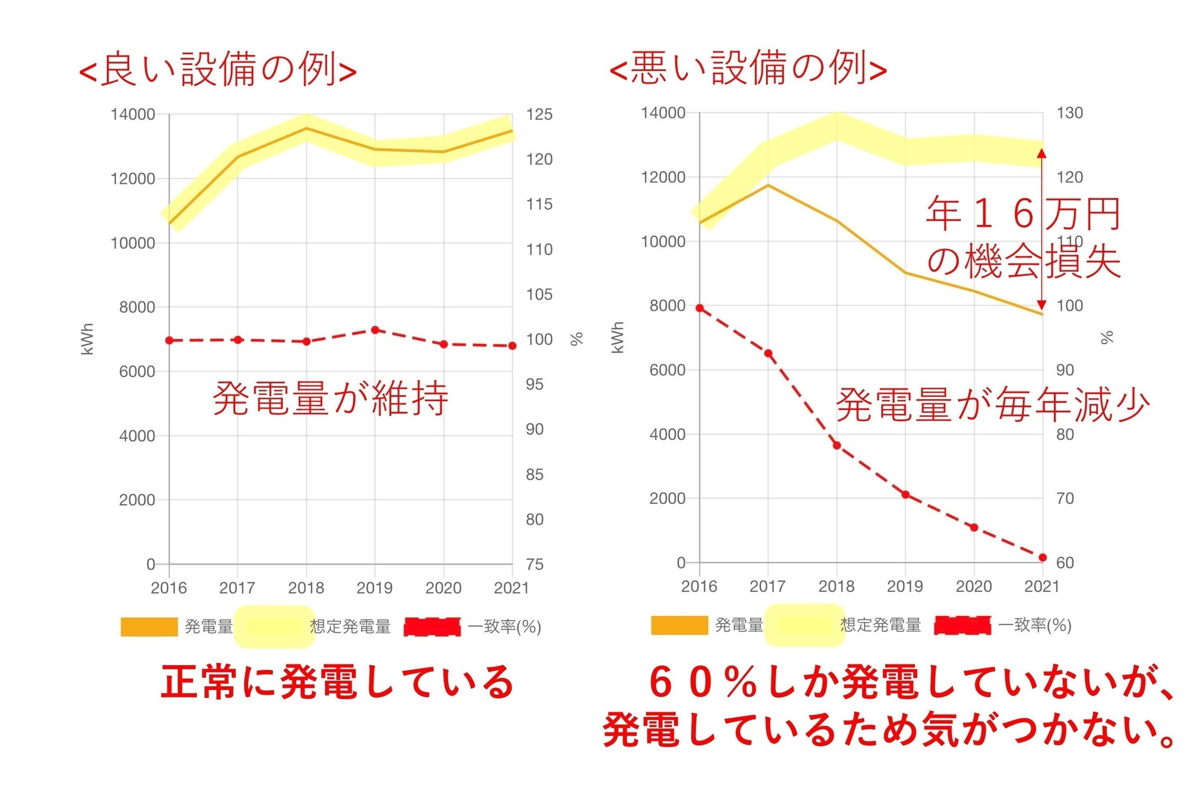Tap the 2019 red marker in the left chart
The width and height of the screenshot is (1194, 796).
click(x=375, y=330)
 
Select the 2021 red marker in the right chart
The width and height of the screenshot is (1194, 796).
click(x=1043, y=558)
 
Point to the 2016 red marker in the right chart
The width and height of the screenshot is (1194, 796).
click(x=699, y=308)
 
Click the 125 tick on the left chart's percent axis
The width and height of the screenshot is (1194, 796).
click(x=539, y=115)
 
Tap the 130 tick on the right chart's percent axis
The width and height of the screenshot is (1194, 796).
click(x=1070, y=113)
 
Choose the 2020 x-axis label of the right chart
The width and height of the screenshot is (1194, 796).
click(x=974, y=586)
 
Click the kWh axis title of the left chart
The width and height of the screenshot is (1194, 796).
click(x=88, y=339)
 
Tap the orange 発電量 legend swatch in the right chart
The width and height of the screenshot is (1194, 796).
click(x=679, y=625)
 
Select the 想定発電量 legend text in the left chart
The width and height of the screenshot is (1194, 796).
click(x=350, y=627)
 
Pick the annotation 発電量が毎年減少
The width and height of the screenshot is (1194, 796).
click(x=993, y=405)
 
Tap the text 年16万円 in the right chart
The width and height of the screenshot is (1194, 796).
click(x=1023, y=214)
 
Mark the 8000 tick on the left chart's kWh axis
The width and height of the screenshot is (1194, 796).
click(x=137, y=307)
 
